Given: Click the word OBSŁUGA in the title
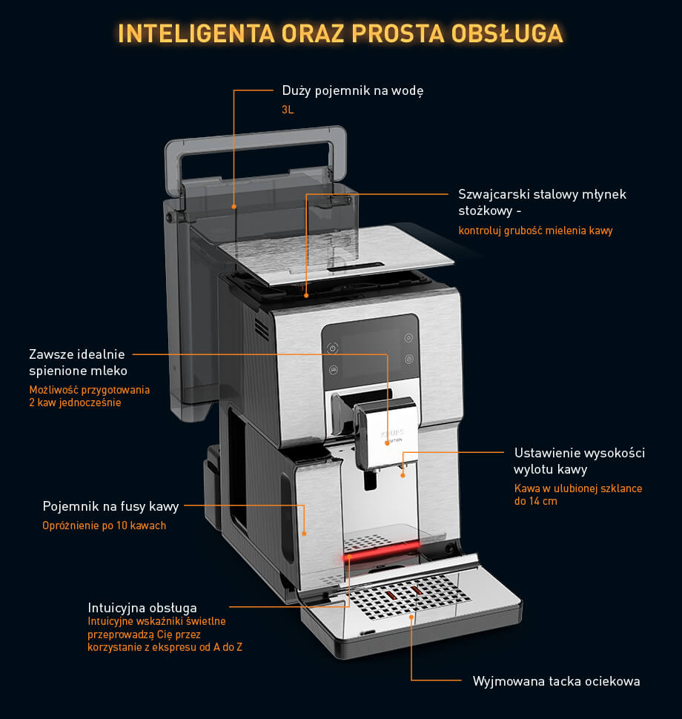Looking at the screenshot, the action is coord(507,33).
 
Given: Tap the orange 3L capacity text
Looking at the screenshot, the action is coord(288,110).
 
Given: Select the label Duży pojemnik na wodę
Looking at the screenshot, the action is coord(353,90).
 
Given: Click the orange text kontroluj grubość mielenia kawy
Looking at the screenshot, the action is coord(535,231).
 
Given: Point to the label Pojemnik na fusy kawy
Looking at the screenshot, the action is coord(110,506).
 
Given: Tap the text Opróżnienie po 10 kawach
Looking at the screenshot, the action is coord(104,526).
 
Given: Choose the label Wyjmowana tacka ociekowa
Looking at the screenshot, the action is coord(556,681).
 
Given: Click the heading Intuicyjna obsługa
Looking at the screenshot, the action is coord(142,608).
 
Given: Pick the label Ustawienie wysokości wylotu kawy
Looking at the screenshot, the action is coord(579,461).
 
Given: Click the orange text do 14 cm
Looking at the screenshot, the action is coord(536,501).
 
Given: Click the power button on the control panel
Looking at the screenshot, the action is coord(333,348).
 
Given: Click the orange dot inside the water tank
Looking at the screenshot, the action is coord(234,207).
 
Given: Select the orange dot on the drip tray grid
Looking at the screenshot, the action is coord(411,617).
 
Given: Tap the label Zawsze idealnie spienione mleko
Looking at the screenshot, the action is coord(78,362).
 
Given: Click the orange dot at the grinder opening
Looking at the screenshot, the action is coord(306,296).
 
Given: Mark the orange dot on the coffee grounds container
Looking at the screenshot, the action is coord(304,534).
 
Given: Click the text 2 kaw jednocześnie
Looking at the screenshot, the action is coord(75,402).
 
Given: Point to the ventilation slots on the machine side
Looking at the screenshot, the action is coord(262,328).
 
